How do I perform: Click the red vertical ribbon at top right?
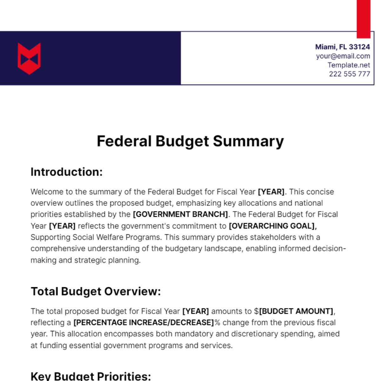point(364,19)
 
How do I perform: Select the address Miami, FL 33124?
point(343,47)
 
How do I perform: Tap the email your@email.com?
point(343,56)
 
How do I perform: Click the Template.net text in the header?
point(349,65)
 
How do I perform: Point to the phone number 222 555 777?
point(349,74)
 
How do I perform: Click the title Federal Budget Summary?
point(190,141)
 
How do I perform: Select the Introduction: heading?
point(67,172)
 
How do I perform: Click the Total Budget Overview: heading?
point(96,291)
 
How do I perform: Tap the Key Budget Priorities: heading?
point(91,376)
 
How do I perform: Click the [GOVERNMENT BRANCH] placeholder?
point(180,214)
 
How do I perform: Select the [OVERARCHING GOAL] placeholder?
point(272,226)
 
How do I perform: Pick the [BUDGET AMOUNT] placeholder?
point(297,311)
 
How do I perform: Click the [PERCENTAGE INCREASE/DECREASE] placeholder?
point(144,323)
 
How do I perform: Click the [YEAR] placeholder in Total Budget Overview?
point(196,311)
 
